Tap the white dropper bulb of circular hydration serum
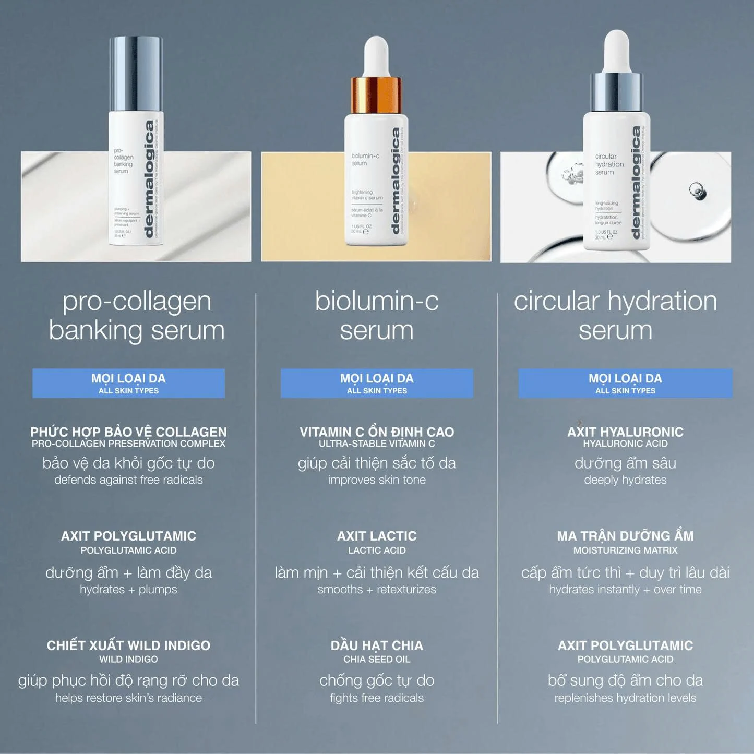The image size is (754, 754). coord(616,50)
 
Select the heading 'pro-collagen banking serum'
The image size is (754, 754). coord(137,316)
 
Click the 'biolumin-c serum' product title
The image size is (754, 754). coord(377,316)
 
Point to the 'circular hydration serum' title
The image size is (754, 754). coord(616,316)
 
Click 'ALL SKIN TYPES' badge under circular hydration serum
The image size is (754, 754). coord(625,390)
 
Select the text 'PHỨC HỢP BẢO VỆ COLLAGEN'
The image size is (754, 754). coord(128,432)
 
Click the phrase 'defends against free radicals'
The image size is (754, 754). coord(128,480)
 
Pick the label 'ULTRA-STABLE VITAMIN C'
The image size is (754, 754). coord(377,444)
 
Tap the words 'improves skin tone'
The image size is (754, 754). coord(377,480)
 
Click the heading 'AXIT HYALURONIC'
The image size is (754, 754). coord(625,432)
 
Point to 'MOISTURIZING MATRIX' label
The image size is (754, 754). coord(625,550)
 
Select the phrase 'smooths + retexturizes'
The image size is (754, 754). coord(377,590)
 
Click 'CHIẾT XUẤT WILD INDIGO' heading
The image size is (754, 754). coord(128,645)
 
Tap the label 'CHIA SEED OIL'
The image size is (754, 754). coord(377,659)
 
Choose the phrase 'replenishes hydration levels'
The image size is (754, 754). coord(625,698)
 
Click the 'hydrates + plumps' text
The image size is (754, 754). coord(128,590)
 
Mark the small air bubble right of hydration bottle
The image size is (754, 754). coord(697,189)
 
